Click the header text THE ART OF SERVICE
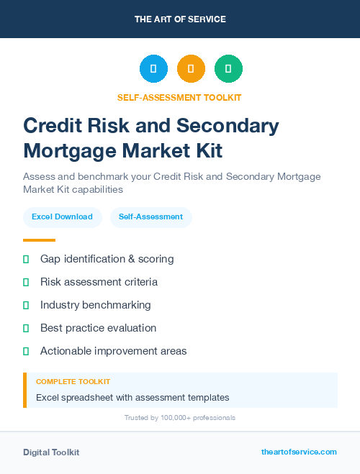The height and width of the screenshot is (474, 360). [x=180, y=19]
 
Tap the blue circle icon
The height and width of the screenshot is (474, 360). [x=153, y=69]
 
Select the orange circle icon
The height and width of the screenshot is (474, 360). [x=191, y=69]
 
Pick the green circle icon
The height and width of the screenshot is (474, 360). [x=228, y=69]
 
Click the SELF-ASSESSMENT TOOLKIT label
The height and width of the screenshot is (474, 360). [x=180, y=97]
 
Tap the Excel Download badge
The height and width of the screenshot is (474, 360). [x=62, y=217]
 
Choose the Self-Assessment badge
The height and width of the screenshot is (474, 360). [x=150, y=217]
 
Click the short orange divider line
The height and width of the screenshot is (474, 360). [x=39, y=240]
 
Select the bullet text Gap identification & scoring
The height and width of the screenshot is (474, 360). [x=107, y=259]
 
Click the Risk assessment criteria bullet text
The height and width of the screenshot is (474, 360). [x=99, y=282]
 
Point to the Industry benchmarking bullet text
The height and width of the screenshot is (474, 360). [x=95, y=305]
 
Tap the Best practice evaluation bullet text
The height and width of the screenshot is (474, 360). [x=98, y=328]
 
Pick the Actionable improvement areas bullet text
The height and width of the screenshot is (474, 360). [x=113, y=351]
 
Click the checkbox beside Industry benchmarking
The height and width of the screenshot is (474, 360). [x=26, y=305]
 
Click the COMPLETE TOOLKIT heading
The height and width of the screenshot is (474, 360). [x=73, y=382]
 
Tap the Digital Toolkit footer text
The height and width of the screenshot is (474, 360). [x=51, y=452]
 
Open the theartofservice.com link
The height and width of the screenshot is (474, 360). [x=299, y=452]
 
